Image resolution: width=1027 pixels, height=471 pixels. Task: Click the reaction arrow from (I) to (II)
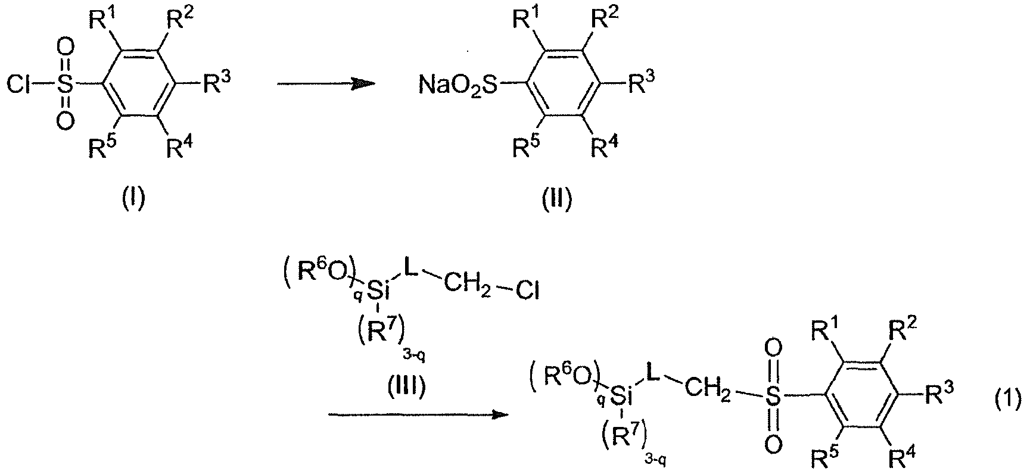coord(326,85)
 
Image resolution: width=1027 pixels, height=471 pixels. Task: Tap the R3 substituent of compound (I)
coord(216,83)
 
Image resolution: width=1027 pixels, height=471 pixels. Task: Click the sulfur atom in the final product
coord(773,397)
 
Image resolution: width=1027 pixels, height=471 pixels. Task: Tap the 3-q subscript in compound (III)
coord(413,356)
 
